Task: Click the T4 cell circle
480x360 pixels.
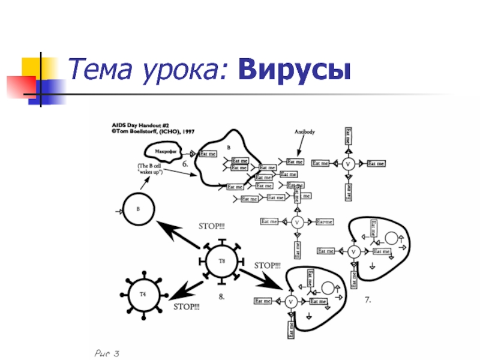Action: click(143, 294)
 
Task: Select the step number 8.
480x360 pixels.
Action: click(221, 296)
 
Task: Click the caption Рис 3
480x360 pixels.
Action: click(107, 353)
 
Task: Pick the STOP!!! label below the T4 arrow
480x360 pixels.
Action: click(187, 307)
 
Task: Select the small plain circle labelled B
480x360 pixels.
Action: click(138, 210)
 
